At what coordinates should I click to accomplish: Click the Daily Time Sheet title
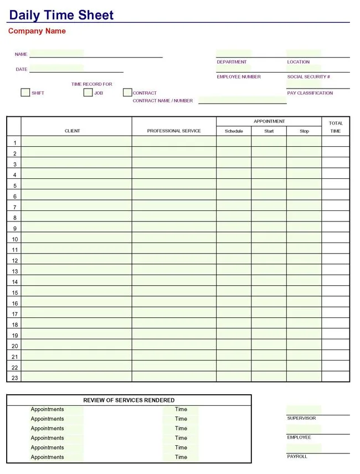click(61, 15)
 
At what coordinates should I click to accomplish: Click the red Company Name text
click(37, 31)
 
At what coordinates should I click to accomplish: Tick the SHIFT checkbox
click(25, 92)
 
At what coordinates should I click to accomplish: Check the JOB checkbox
click(88, 92)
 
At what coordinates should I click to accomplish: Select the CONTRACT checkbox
click(127, 92)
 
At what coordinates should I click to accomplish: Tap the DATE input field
click(76, 69)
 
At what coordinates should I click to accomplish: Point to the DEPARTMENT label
click(232, 62)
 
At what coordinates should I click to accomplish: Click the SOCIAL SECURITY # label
click(308, 77)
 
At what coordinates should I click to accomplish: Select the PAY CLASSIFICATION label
click(310, 93)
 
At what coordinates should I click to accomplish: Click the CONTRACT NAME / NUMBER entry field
click(242, 100)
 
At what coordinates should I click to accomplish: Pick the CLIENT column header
click(72, 131)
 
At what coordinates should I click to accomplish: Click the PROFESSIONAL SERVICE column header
click(174, 131)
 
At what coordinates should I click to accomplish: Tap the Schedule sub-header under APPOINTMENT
click(234, 131)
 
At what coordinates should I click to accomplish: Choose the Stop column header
click(304, 131)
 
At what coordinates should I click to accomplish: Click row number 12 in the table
click(15, 261)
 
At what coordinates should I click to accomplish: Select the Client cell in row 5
click(76, 186)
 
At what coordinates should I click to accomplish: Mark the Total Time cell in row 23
click(336, 377)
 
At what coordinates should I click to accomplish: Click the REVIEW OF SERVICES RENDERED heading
click(128, 400)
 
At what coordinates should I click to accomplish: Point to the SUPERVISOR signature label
click(301, 418)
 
